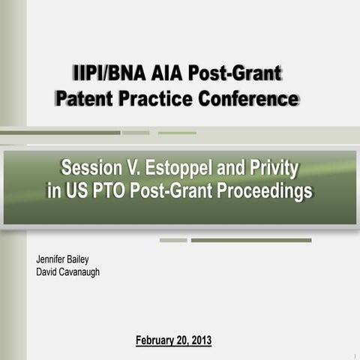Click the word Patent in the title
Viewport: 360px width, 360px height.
pos(85,98)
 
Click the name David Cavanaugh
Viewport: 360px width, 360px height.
pos(68,271)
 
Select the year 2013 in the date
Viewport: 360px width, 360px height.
pos(200,340)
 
